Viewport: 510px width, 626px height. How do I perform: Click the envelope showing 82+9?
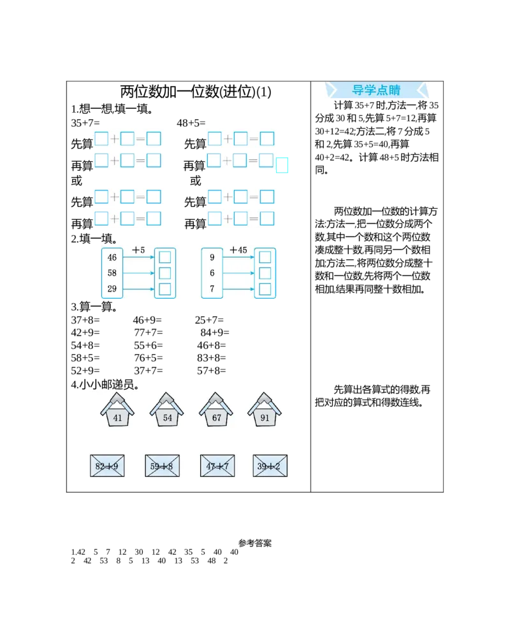(107, 466)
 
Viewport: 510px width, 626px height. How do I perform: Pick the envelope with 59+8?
(163, 466)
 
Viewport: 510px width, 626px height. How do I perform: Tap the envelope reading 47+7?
(217, 466)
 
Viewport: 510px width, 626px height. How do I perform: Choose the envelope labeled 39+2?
(270, 466)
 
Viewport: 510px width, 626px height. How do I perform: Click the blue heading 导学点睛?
(376, 90)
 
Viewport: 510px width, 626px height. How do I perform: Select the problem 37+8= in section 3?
(85, 320)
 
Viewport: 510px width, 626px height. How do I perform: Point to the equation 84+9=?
(215, 332)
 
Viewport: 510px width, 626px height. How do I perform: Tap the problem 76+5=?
(149, 358)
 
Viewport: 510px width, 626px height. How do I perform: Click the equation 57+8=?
(212, 371)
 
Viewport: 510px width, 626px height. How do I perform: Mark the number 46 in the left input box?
(112, 257)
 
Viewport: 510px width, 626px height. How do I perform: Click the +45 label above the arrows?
(238, 250)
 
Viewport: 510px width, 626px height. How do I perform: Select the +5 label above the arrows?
(138, 250)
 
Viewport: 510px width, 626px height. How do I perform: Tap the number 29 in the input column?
(112, 288)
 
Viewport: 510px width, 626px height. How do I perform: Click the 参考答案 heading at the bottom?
(255, 543)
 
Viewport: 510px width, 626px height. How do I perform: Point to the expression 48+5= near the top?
(191, 123)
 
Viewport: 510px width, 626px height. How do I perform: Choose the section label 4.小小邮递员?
(105, 385)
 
